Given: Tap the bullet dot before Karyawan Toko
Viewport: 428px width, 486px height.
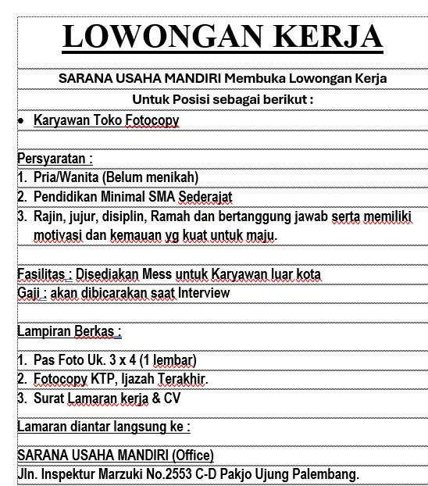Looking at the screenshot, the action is point(20,121).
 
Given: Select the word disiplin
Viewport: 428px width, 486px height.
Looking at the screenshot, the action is point(125,216).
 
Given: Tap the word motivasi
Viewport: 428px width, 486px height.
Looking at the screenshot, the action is point(59,234).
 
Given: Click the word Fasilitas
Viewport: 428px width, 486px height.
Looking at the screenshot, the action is point(44,273).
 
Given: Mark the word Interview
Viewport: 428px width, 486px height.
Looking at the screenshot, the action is point(204,293).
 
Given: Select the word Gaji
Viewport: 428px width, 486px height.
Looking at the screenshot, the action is point(29,293).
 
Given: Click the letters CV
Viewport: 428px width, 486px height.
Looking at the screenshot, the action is point(173,398).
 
